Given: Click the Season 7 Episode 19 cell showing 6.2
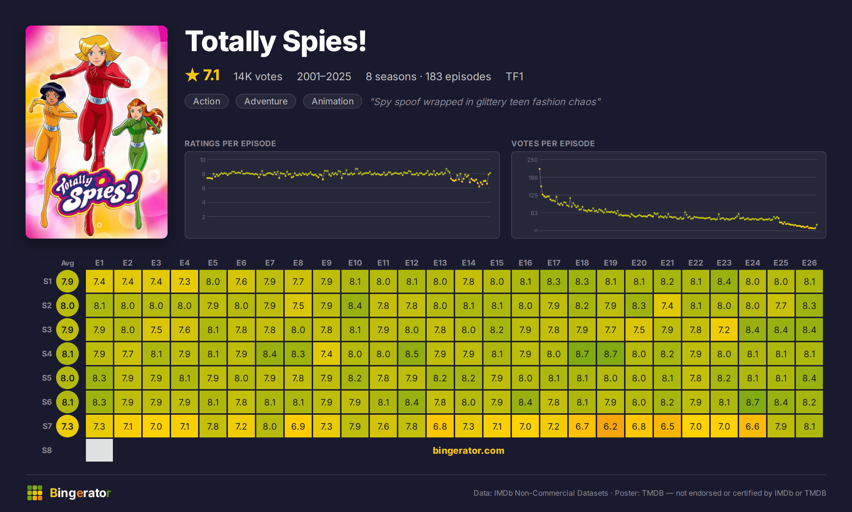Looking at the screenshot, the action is [611, 426].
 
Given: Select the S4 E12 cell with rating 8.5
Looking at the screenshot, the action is [412, 354].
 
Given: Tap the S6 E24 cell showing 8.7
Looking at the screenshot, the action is [753, 402].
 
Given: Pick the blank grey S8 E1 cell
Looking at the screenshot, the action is [99, 450].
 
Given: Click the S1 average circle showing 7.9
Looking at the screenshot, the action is [67, 281].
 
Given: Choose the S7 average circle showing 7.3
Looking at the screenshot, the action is [67, 426].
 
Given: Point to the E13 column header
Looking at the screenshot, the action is [440, 263].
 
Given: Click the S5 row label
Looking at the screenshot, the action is [47, 378].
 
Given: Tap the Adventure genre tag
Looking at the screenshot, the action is [266, 101].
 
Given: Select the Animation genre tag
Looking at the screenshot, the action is [333, 101].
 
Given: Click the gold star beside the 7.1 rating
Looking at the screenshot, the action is [192, 75].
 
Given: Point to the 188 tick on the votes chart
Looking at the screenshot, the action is [533, 178].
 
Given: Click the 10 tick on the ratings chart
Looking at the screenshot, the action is [202, 160].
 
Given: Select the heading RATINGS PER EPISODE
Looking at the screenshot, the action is [230, 143].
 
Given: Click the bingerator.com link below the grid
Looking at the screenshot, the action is [469, 450].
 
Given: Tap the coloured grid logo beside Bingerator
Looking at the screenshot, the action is [35, 493].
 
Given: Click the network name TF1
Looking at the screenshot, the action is [514, 76].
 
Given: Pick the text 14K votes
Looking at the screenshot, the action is [258, 76].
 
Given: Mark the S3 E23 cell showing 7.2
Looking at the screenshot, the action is [724, 329].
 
